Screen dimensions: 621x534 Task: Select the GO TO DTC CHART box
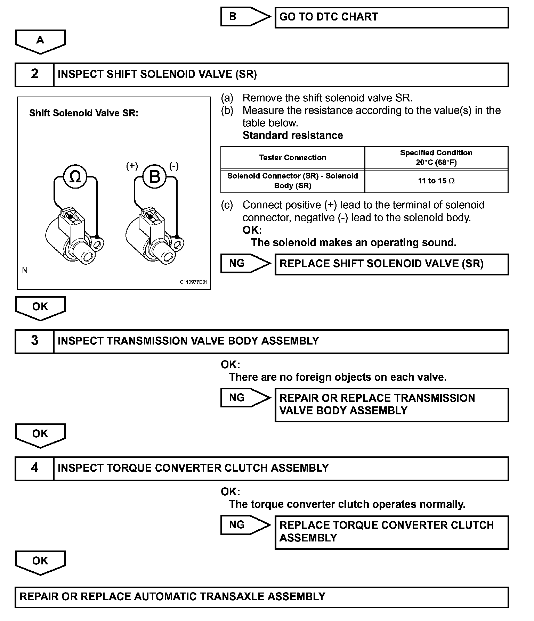click(391, 17)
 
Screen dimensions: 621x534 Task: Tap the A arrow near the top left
click(40, 41)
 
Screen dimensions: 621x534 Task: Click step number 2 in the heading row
click(34, 74)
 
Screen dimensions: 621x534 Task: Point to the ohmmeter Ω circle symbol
click(75, 177)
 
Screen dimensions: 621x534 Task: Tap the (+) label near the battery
click(132, 166)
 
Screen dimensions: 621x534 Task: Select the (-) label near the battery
click(174, 166)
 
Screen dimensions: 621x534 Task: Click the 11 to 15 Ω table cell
click(436, 181)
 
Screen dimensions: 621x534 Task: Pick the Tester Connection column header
click(292, 158)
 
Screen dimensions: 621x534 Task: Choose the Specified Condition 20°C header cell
click(436, 158)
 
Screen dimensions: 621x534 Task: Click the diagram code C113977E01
click(193, 282)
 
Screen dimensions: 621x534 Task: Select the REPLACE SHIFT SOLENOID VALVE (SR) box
click(391, 264)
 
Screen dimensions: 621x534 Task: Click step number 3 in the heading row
click(34, 341)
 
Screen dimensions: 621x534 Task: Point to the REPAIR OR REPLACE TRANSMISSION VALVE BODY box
click(391, 405)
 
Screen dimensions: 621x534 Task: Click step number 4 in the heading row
click(34, 468)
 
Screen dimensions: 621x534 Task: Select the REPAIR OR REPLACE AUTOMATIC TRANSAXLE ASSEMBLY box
click(261, 597)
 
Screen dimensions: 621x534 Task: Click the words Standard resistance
click(293, 135)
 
